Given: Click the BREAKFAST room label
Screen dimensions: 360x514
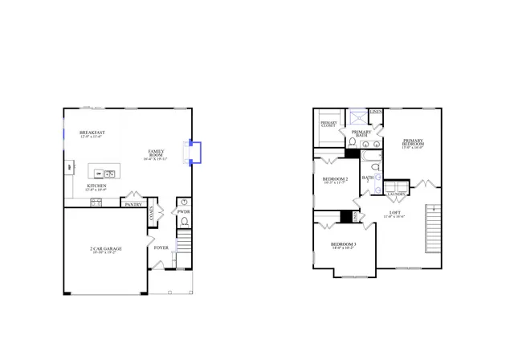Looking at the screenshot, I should pyautogui.click(x=92, y=133).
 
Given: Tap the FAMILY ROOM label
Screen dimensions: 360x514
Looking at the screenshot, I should pyautogui.click(x=156, y=153).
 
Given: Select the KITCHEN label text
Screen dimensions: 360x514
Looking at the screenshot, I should pyautogui.click(x=96, y=186).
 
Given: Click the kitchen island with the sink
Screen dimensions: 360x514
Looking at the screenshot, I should pyautogui.click(x=104, y=172).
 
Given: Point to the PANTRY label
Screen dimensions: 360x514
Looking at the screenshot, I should pyautogui.click(x=133, y=204).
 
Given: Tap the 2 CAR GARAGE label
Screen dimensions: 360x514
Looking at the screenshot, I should pyautogui.click(x=105, y=249).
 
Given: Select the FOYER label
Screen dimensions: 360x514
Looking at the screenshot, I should pyautogui.click(x=161, y=247).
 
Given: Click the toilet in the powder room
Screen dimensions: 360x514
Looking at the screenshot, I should pyautogui.click(x=184, y=220).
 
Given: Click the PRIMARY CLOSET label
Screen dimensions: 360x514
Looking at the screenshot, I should pyautogui.click(x=328, y=125).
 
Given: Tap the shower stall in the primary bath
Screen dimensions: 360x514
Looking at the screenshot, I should pyautogui.click(x=353, y=116).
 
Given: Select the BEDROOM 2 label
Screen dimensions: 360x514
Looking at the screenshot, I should pyautogui.click(x=335, y=179).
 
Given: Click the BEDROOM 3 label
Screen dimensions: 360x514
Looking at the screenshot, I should pyautogui.click(x=343, y=244).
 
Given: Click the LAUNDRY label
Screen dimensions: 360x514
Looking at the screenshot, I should pyautogui.click(x=395, y=194).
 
